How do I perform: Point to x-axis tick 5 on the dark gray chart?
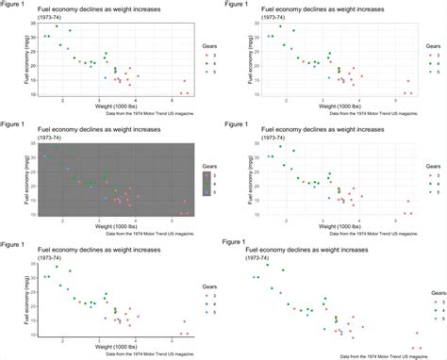[171, 221]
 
